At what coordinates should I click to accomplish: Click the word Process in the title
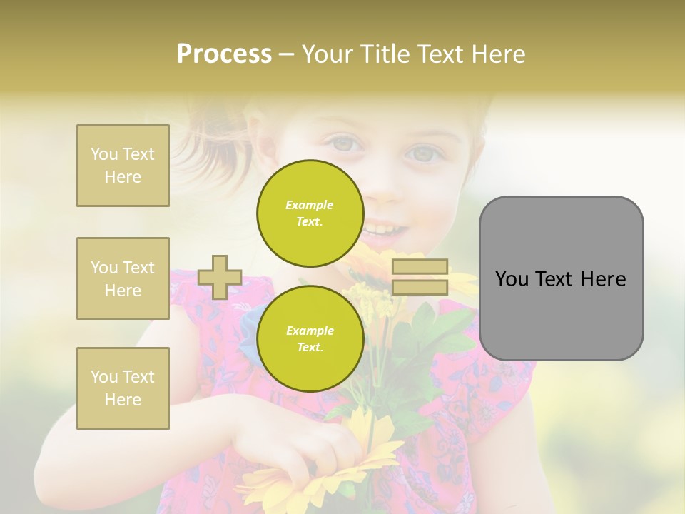pyautogui.click(x=224, y=54)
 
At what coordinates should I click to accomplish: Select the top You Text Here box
pyautogui.click(x=123, y=166)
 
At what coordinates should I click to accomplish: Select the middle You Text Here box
pyautogui.click(x=123, y=278)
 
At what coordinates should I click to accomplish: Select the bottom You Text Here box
pyautogui.click(x=123, y=388)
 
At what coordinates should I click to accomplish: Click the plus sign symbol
pyautogui.click(x=220, y=277)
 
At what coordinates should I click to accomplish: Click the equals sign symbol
pyautogui.click(x=420, y=277)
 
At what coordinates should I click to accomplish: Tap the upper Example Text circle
pyautogui.click(x=310, y=213)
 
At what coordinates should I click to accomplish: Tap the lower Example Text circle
pyautogui.click(x=310, y=339)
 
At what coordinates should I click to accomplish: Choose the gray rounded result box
pyautogui.click(x=561, y=278)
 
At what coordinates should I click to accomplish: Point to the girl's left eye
pyautogui.click(x=423, y=153)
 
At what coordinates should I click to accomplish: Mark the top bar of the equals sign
pyautogui.click(x=420, y=267)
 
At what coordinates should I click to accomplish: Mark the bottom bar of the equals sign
pyautogui.click(x=420, y=288)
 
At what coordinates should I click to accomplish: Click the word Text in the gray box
pyautogui.click(x=560, y=279)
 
